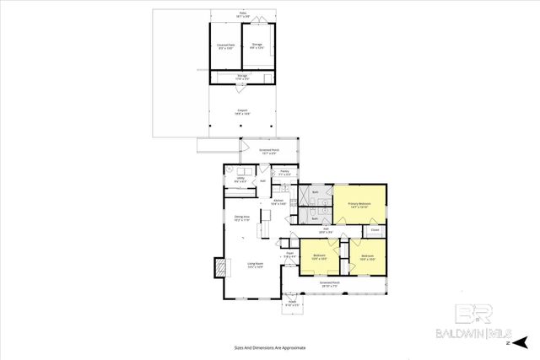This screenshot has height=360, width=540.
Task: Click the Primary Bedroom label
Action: (x=359, y=205)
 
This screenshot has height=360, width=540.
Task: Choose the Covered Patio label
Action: (x=224, y=45)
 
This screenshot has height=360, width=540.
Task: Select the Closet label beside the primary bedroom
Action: (x=375, y=229)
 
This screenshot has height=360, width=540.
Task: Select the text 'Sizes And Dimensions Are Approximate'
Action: (x=269, y=347)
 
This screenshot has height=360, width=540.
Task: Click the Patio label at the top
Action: (x=242, y=15)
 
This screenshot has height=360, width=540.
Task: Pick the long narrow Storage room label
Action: (x=242, y=78)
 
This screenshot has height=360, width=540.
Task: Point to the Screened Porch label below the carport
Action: (x=269, y=153)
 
